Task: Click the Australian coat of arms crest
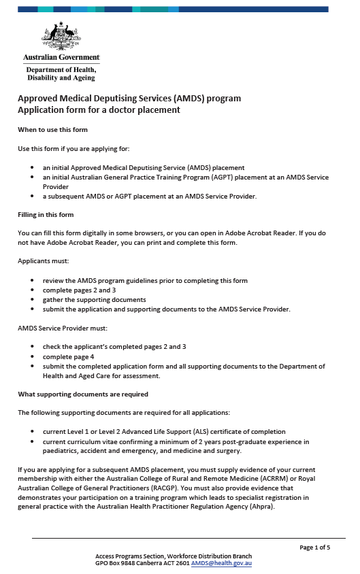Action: click(x=61, y=37)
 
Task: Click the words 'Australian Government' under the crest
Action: click(x=61, y=58)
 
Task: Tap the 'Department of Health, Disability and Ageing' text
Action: click(x=61, y=73)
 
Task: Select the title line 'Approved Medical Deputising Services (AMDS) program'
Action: click(x=129, y=98)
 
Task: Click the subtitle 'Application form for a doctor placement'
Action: click(x=99, y=109)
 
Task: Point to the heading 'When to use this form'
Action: click(x=52, y=129)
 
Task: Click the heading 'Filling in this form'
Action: click(x=46, y=215)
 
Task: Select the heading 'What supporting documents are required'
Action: click(x=83, y=394)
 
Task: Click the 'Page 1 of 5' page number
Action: click(x=314, y=547)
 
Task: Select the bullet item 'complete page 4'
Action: click(x=68, y=356)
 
